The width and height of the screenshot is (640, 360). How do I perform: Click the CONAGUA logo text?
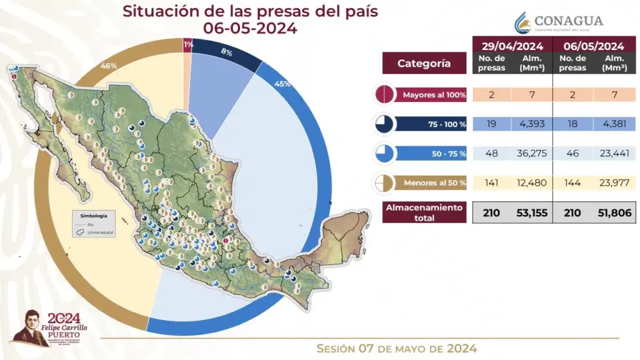click(567, 21)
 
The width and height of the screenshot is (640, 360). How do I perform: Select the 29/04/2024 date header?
click(512, 46)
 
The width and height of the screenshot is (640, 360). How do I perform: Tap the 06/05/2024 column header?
click(594, 46)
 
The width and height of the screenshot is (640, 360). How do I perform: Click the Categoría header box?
click(424, 63)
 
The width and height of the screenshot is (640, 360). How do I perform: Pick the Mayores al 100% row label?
click(434, 95)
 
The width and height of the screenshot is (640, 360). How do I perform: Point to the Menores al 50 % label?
click(434, 182)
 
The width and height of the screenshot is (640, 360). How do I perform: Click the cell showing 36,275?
click(532, 153)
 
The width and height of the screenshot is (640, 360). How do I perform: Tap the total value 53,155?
click(532, 212)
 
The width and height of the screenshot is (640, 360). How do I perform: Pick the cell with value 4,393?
click(532, 124)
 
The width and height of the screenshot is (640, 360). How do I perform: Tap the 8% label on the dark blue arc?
click(226, 53)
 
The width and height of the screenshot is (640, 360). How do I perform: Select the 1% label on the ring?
click(187, 44)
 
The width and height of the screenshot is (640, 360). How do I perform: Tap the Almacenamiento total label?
click(424, 212)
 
